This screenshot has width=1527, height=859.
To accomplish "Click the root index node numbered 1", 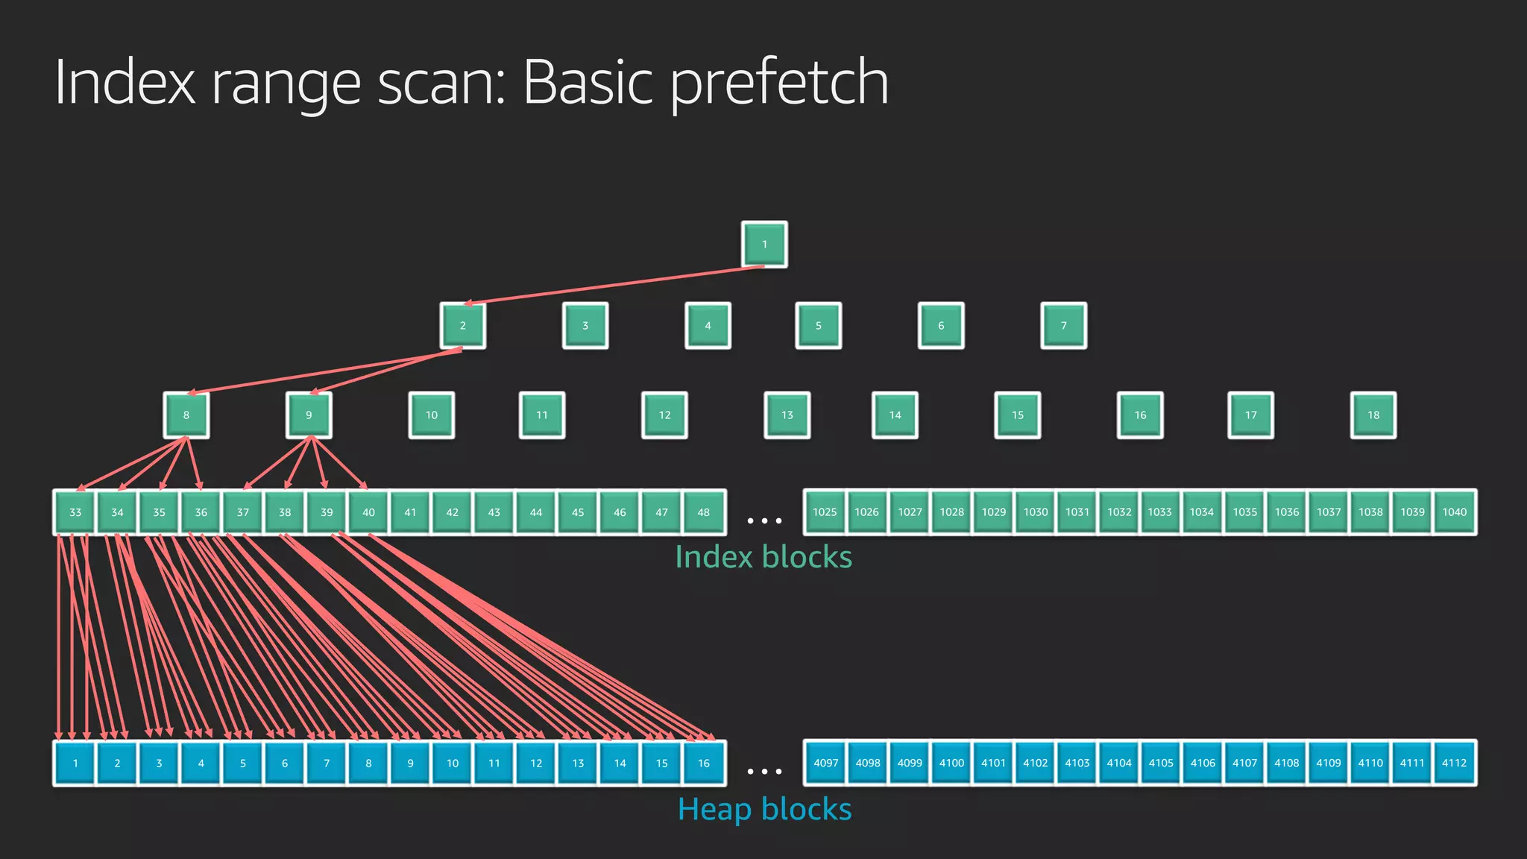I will coord(764,244).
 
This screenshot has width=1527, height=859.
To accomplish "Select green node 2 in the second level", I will coord(462,325).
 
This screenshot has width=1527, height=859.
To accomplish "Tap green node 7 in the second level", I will coord(1063,325).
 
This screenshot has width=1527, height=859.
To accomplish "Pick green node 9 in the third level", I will coord(309,415).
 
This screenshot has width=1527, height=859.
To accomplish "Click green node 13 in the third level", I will coord(787,415).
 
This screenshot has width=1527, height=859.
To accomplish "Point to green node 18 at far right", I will coord(1373,415).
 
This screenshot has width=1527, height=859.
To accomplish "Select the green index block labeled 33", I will coord(75,512).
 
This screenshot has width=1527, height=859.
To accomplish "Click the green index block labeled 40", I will coord(368,512).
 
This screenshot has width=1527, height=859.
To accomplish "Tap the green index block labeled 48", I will coord(703,512).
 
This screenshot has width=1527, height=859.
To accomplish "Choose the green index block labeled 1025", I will coord(825,512).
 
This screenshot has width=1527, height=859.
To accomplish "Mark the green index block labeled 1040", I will coord(1454,512).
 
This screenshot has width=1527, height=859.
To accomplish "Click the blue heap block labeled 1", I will coord(75,763).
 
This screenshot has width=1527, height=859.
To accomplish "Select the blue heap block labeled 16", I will coord(703,763).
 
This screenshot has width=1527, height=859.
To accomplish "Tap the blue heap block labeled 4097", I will coord(825,763).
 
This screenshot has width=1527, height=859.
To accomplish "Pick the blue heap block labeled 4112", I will coord(1454,763).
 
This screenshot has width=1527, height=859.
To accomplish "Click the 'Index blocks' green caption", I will coord(763,557).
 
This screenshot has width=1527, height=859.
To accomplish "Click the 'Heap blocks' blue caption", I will coord(764,809).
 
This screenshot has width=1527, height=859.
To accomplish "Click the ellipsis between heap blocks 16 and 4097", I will coord(764,772).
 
